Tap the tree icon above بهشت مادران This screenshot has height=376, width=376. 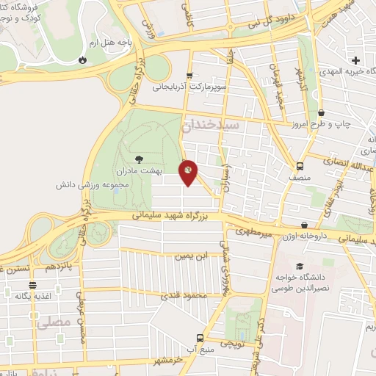(140, 157)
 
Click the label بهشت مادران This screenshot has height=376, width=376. (139, 170)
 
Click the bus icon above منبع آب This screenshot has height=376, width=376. (200, 338)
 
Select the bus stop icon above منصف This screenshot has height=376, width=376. (300, 166)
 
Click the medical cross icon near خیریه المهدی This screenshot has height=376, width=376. (356, 60)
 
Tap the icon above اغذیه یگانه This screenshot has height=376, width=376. (32, 285)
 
